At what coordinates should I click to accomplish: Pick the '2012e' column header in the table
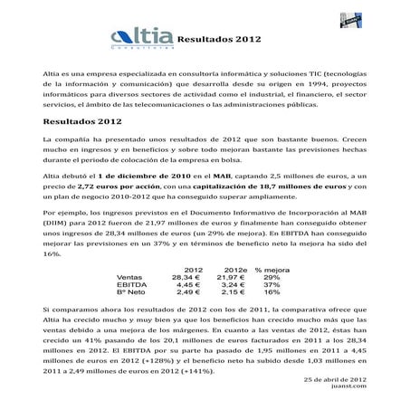click(234, 270)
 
